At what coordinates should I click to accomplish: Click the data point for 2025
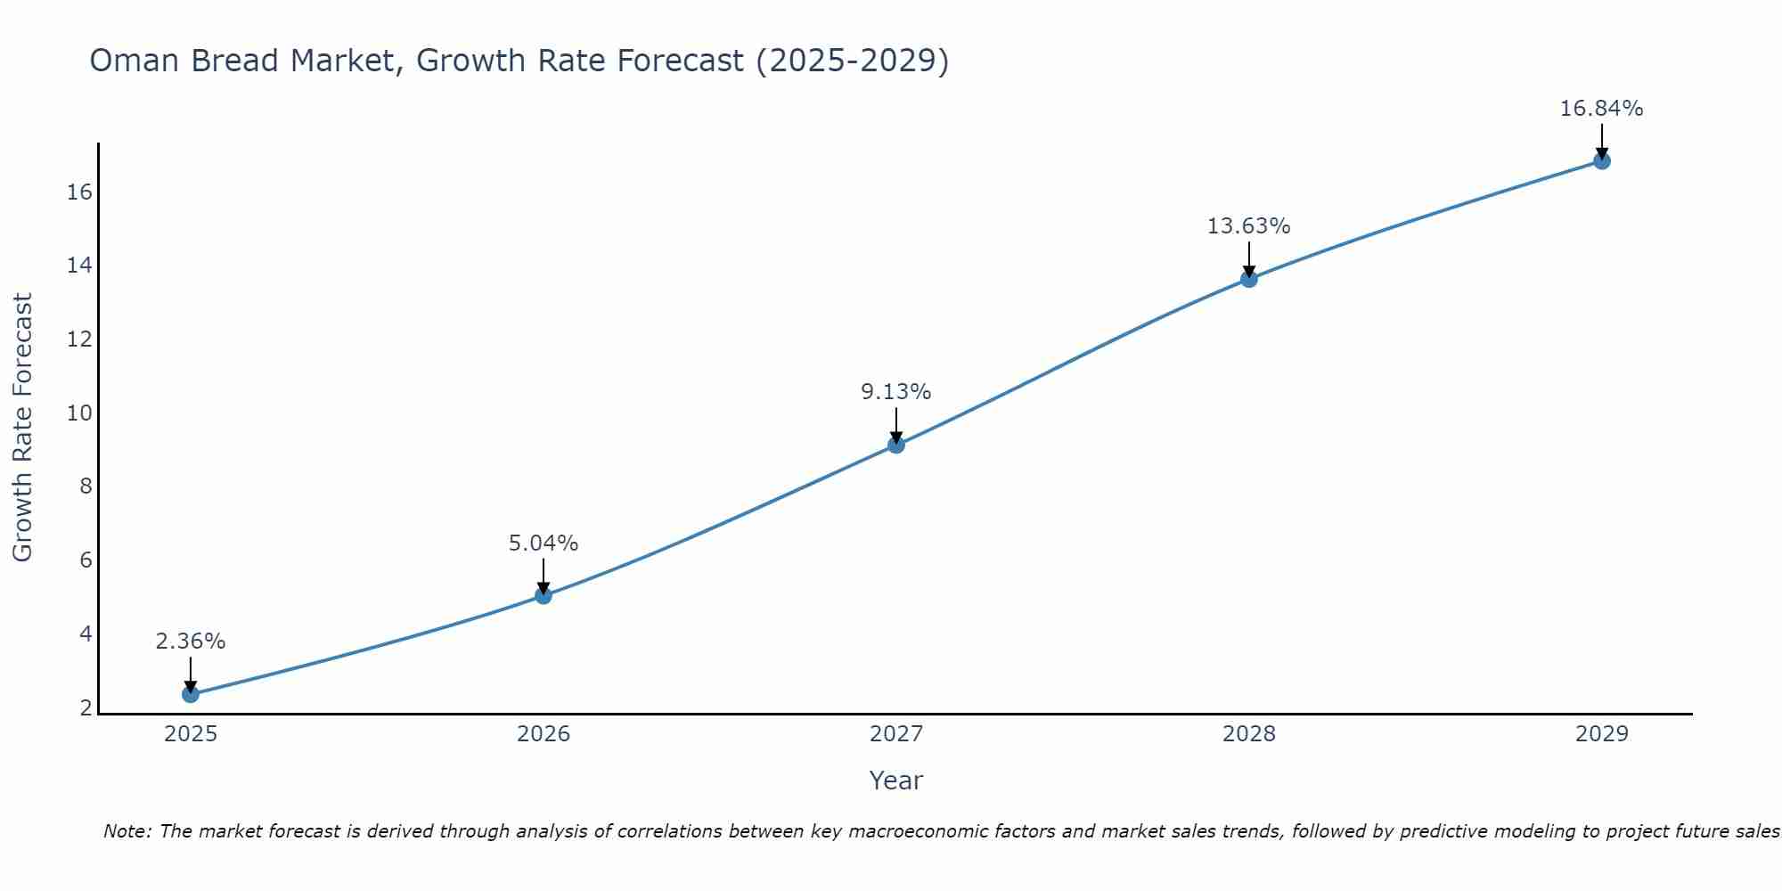(x=190, y=694)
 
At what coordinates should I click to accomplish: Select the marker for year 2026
(x=544, y=595)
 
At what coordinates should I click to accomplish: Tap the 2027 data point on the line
(x=896, y=445)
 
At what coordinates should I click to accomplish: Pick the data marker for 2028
(x=1249, y=279)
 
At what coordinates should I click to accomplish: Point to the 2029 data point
(x=1602, y=161)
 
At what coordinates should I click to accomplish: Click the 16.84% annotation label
(x=1601, y=109)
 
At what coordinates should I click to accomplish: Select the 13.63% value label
(x=1248, y=226)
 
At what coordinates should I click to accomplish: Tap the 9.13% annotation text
(x=895, y=392)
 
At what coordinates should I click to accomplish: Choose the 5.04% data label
(x=544, y=544)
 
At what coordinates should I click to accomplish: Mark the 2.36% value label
(x=190, y=642)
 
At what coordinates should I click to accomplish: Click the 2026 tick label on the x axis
(x=544, y=734)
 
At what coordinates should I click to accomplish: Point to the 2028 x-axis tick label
(x=1249, y=734)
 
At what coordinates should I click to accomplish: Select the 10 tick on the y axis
(x=80, y=413)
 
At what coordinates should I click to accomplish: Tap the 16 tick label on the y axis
(x=80, y=192)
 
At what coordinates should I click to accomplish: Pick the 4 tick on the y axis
(x=86, y=634)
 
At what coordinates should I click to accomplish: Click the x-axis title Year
(x=895, y=781)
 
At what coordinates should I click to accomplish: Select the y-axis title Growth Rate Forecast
(x=22, y=427)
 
